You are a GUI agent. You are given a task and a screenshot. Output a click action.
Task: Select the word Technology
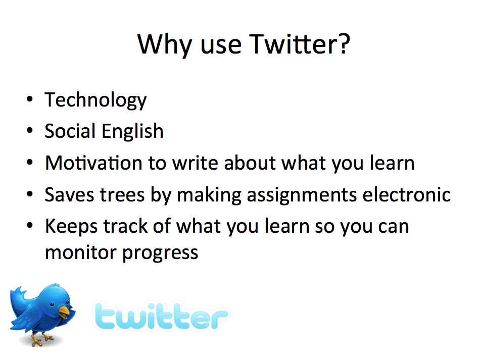[x=95, y=100]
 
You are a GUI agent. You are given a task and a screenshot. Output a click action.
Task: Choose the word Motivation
[x=93, y=163]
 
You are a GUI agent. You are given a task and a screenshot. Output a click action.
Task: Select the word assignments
[x=302, y=195]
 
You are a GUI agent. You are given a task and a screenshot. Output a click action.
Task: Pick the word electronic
[x=407, y=194]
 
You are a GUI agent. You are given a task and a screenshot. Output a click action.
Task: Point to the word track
[x=126, y=226]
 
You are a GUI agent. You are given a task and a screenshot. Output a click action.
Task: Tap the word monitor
[x=81, y=252]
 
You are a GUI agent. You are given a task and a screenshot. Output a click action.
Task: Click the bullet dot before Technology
[x=29, y=99]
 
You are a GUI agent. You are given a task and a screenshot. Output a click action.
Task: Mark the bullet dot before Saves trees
[x=29, y=194]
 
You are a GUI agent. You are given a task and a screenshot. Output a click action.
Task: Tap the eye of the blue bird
[x=52, y=304]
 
